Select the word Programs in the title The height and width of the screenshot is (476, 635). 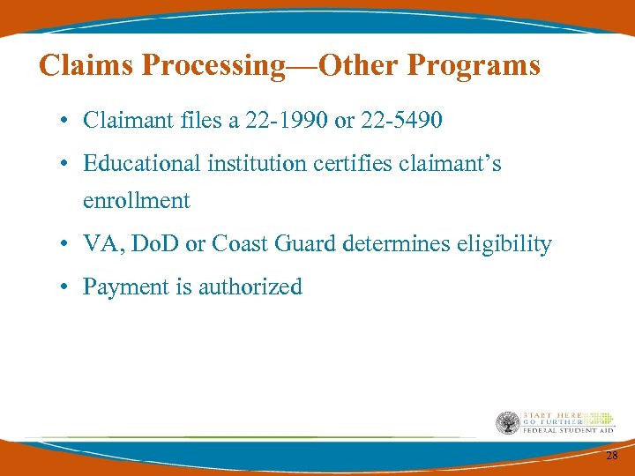pos(474,64)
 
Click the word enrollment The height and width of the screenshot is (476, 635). pos(137,201)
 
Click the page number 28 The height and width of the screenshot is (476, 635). pos(611,455)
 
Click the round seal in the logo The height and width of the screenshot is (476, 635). pos(507,423)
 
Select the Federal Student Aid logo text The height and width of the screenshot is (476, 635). pos(569,429)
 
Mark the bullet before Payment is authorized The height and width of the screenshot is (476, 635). pos(66,287)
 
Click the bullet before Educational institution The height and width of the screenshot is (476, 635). pos(66,164)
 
